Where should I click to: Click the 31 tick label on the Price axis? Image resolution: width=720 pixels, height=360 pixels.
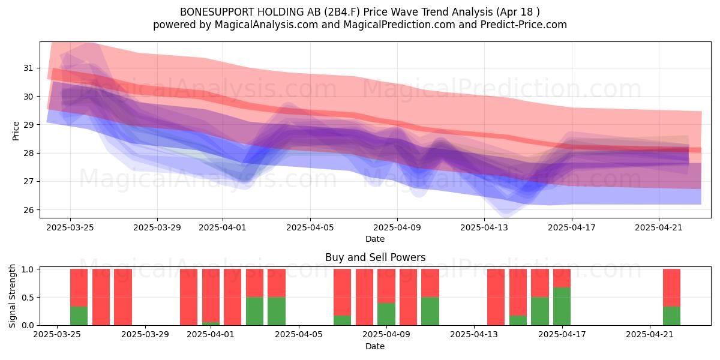[x=28, y=68]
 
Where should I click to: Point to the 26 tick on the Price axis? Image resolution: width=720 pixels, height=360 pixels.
[x=28, y=210]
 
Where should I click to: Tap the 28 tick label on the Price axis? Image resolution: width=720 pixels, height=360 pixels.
[x=28, y=153]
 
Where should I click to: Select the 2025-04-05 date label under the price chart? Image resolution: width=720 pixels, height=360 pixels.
[x=310, y=227]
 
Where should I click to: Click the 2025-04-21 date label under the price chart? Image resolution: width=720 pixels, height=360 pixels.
[x=659, y=227]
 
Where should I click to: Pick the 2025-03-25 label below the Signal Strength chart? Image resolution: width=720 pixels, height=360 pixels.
[x=57, y=334]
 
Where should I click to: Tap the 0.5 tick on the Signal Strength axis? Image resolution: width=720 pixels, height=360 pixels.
[x=27, y=298]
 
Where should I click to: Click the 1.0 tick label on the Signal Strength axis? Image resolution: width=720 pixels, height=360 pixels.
[x=27, y=269]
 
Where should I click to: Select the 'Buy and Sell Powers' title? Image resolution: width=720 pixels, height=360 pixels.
[x=375, y=257]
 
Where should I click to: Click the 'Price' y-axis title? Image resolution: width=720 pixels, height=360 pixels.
[x=16, y=131]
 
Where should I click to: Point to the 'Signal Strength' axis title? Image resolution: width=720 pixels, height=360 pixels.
[x=12, y=296]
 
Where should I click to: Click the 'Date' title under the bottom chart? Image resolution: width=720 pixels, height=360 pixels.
[x=375, y=346]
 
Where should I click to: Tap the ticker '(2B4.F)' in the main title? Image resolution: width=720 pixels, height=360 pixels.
[x=342, y=12]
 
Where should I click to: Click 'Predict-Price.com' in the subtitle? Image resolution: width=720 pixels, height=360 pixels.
[x=524, y=25]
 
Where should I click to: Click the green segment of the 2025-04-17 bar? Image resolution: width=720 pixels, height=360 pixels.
[x=562, y=307]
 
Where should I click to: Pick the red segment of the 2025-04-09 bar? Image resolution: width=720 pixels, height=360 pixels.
[x=386, y=286]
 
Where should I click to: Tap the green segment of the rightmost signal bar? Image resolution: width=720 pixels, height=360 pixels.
[x=672, y=316]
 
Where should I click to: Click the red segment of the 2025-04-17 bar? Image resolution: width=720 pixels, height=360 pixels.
[x=562, y=278]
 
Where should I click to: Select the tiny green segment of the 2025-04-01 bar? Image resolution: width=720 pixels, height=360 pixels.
[x=211, y=323]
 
